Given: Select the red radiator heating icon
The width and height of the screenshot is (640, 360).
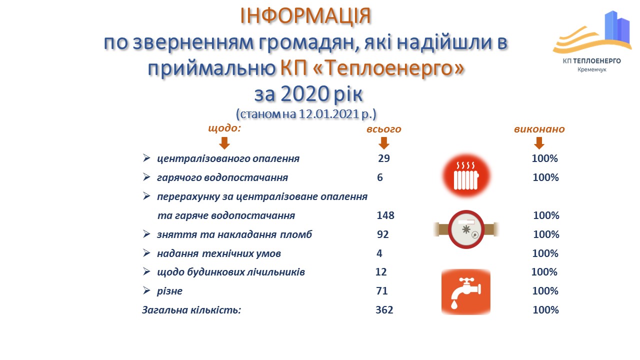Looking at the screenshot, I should pyautogui.click(x=466, y=175).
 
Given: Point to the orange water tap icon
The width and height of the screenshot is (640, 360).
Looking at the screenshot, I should pyautogui.click(x=465, y=292).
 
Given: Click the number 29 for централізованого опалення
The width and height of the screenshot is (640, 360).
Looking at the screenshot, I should pyautogui.click(x=383, y=158).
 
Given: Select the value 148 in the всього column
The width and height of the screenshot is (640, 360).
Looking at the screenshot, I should pyautogui.click(x=385, y=215).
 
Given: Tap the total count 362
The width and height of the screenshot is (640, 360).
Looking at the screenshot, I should pyautogui.click(x=384, y=310).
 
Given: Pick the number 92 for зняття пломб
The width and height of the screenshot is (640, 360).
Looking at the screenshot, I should pyautogui.click(x=382, y=234).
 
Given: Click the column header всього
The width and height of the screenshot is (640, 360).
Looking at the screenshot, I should pyautogui.click(x=383, y=129).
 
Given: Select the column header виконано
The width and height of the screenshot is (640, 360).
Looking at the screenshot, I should pyautogui.click(x=539, y=129).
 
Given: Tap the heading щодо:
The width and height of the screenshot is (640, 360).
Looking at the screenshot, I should pyautogui.click(x=224, y=128).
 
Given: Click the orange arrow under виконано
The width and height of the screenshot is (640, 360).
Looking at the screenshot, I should pyautogui.click(x=538, y=143).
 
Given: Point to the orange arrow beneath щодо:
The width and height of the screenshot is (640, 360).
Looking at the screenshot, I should pyautogui.click(x=224, y=143).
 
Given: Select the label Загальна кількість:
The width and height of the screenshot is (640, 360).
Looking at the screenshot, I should pyautogui.click(x=191, y=310).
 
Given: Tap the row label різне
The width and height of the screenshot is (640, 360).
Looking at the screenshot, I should pyautogui.click(x=169, y=291).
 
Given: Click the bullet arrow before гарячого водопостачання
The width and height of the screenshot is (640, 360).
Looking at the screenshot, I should pyautogui.click(x=146, y=177).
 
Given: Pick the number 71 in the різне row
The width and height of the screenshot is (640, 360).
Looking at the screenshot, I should pyautogui.click(x=382, y=291).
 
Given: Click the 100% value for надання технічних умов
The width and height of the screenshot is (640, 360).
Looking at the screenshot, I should pyautogui.click(x=545, y=253).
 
